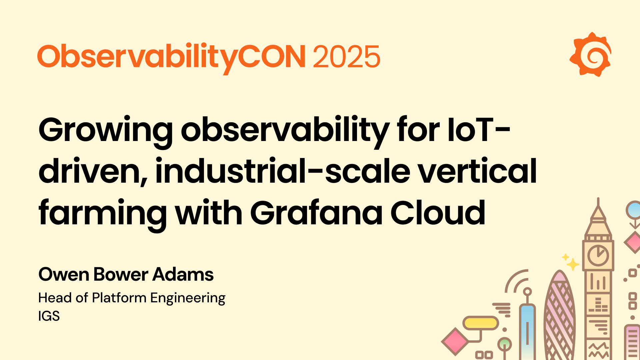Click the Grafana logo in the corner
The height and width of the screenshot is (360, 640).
point(590,55)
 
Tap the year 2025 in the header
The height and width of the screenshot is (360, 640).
point(346,57)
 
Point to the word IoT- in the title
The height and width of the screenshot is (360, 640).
point(478,130)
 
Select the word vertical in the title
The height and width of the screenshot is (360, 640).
point(477,171)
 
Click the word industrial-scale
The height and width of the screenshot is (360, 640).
point(283,171)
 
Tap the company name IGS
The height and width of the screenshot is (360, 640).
point(49,316)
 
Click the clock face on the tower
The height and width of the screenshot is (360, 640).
point(598,255)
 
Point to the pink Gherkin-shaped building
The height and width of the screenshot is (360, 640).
point(560,317)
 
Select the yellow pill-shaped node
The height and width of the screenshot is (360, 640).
point(480,323)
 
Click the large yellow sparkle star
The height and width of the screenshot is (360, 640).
point(573,264)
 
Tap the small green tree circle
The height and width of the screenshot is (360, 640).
point(504,343)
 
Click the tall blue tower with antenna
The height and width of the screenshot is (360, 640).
point(527,330)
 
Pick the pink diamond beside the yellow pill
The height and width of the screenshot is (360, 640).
point(455,341)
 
